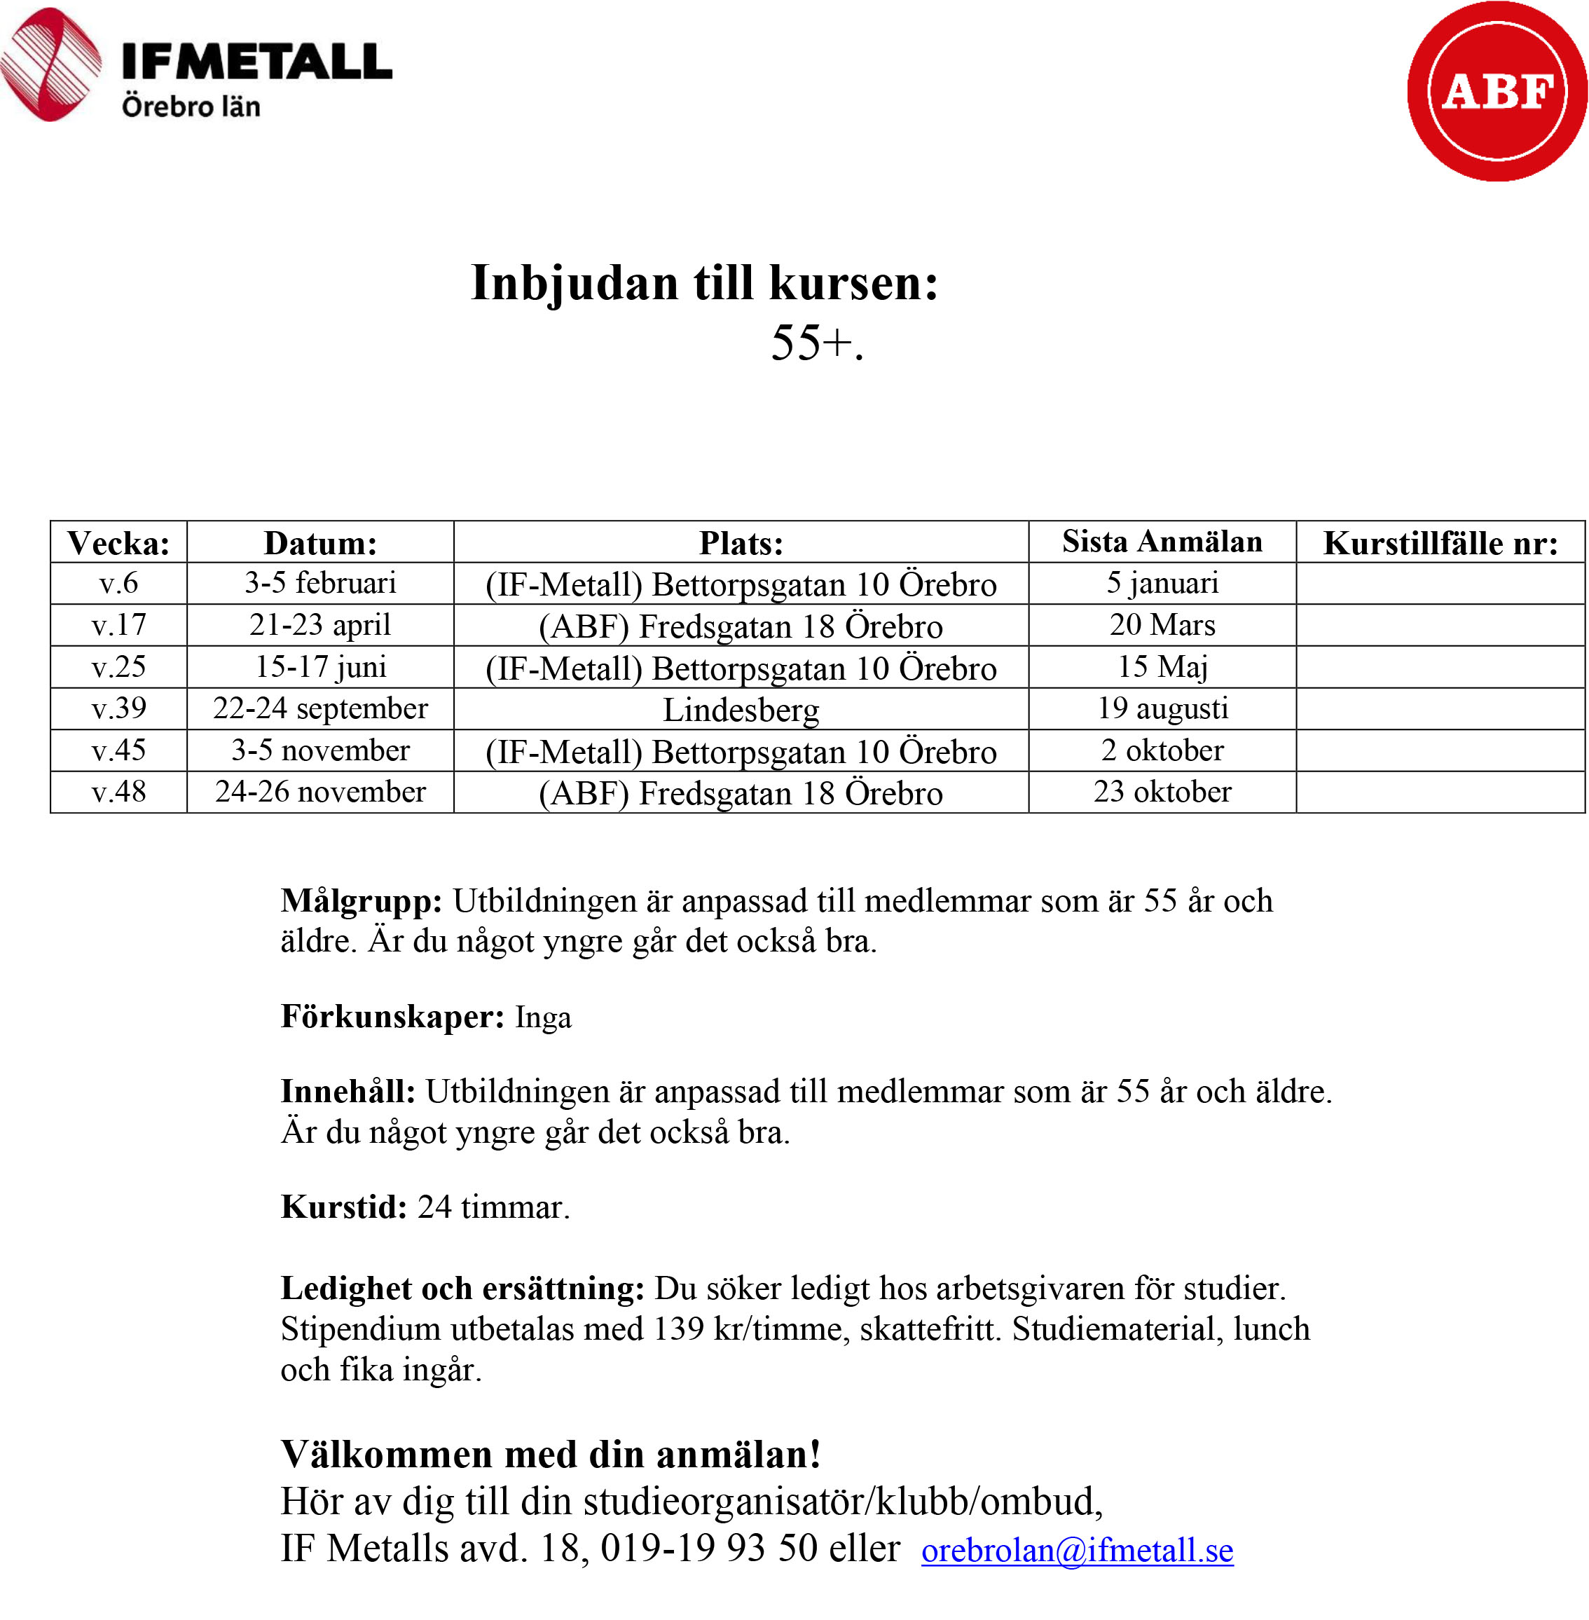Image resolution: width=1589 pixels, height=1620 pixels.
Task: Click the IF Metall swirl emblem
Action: tap(50, 64)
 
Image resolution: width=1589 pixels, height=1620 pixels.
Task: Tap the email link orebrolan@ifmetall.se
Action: tap(1077, 1550)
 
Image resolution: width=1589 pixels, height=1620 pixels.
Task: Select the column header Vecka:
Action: tap(118, 543)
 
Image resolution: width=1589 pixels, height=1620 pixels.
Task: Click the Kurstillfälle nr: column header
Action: tap(1440, 543)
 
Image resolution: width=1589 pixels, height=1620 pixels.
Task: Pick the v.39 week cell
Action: tap(118, 708)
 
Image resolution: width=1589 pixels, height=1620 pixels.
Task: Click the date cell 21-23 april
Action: tap(320, 625)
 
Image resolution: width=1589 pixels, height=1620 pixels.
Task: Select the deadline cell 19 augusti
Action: tap(1162, 708)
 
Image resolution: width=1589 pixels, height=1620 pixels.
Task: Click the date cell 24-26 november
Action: tap(320, 792)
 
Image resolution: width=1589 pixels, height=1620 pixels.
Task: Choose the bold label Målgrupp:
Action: tap(362, 901)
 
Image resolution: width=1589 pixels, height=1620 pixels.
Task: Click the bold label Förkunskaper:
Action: tap(392, 1017)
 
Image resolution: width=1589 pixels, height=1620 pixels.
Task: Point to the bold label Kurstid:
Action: tap(344, 1207)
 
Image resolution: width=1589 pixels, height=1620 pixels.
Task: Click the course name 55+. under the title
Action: tap(817, 342)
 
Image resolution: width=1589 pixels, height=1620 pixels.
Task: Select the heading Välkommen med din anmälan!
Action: tap(551, 1454)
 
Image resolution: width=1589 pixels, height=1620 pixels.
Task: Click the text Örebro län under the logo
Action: tap(191, 107)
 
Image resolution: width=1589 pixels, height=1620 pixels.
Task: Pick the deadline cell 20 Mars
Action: tap(1162, 625)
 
